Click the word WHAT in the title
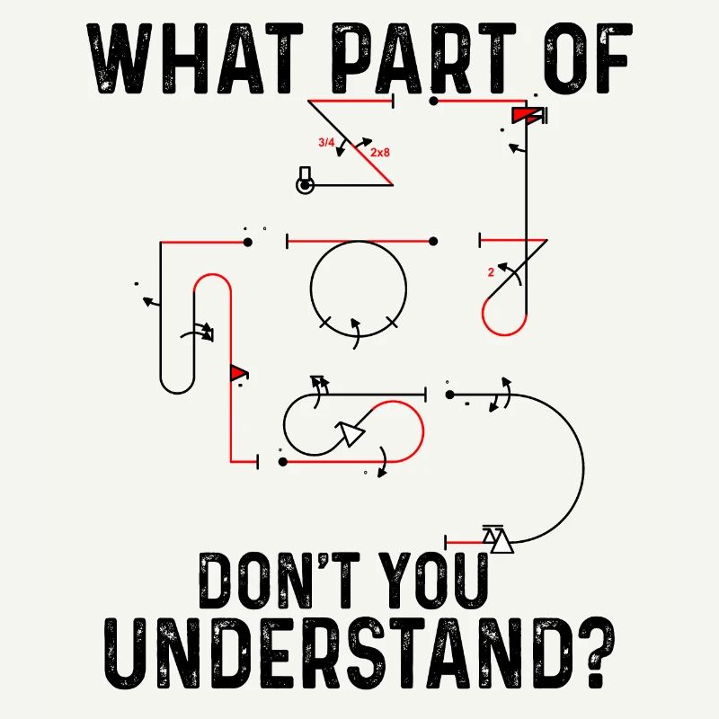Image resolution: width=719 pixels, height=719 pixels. [x=195, y=58]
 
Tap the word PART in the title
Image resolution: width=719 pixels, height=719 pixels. [x=423, y=58]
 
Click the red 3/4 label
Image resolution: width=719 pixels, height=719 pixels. [x=326, y=143]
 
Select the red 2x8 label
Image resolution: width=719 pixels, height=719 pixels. [x=380, y=152]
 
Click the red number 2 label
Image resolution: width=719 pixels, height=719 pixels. [x=491, y=272]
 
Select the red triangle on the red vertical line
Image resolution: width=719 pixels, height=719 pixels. [x=237, y=372]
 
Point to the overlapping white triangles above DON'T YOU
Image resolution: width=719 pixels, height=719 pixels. [x=498, y=540]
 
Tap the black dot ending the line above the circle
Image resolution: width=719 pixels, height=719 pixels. [x=433, y=241]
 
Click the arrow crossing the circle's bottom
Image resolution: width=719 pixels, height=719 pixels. [x=355, y=333]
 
